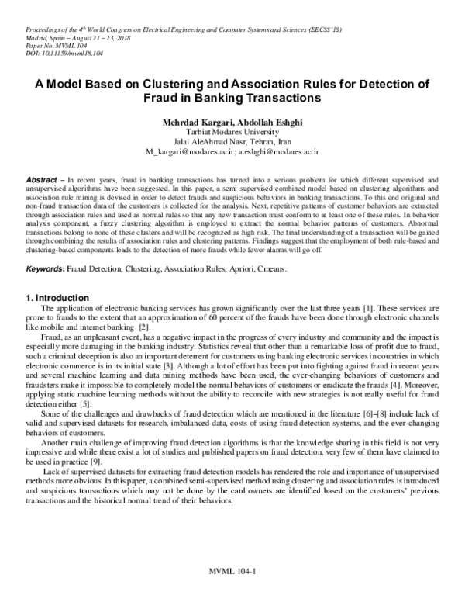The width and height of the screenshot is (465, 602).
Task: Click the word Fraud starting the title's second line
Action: click(x=164, y=99)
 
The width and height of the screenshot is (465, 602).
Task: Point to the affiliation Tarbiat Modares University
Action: click(x=232, y=133)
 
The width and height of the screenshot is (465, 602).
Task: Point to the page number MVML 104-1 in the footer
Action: click(x=232, y=575)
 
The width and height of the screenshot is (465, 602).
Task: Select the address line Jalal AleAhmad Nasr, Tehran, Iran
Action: click(x=232, y=144)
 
